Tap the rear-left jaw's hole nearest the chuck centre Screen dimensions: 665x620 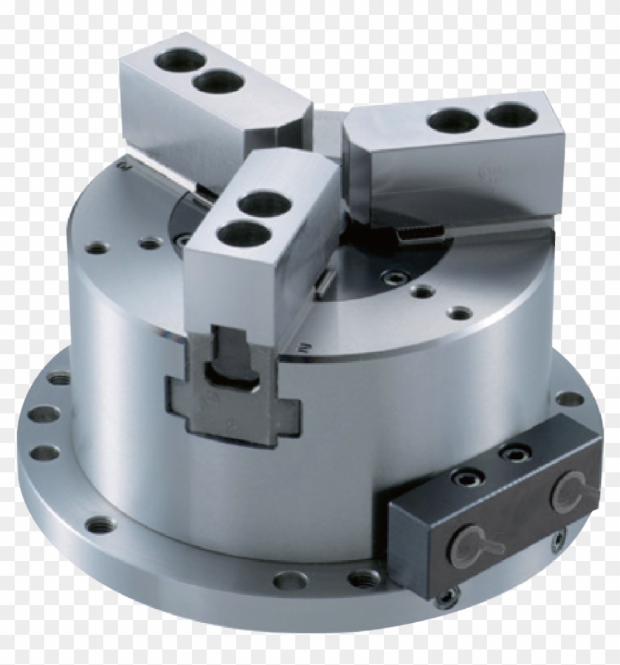pos(218,80)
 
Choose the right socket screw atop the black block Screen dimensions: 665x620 pos(513,452)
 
